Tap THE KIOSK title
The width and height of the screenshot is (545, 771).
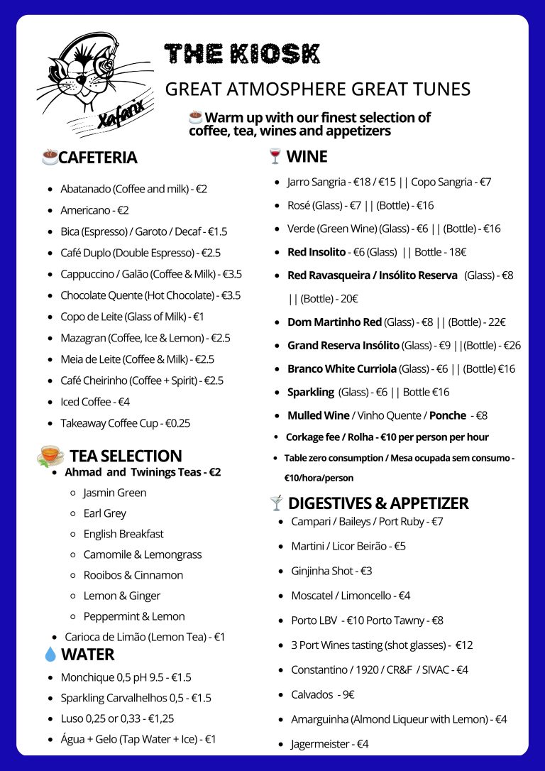242,54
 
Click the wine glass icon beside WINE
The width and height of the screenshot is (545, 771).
275,156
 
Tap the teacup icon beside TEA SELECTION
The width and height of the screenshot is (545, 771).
50,455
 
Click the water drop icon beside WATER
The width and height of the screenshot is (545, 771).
50,654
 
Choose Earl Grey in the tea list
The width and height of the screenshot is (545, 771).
104,513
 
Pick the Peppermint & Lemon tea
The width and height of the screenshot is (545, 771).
134,616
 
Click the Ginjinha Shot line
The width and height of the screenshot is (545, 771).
331,571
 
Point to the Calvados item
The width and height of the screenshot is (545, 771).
322,694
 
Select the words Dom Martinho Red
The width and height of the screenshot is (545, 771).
334,322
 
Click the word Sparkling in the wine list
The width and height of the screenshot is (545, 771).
310,392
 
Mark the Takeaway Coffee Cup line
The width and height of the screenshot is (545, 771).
125,423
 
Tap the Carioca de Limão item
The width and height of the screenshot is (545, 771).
145,637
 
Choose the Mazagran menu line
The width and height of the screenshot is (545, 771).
145,338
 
